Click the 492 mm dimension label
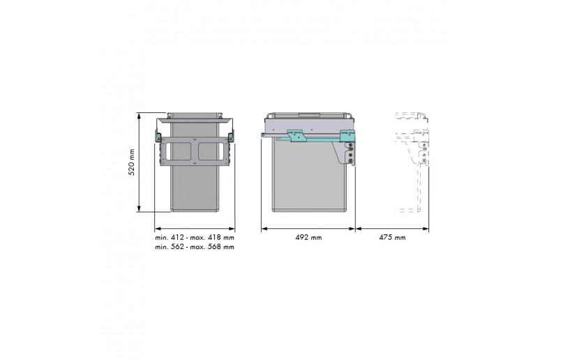[308, 238]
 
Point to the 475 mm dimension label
[391, 238]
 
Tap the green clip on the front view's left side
[159, 135]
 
